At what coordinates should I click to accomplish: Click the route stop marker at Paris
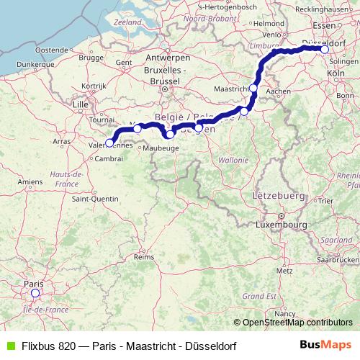(x=35, y=293)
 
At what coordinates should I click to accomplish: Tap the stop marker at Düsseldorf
(x=325, y=50)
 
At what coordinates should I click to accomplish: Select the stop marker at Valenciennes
(x=109, y=142)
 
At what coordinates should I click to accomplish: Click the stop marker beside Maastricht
(x=253, y=87)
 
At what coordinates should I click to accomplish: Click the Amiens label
(x=30, y=182)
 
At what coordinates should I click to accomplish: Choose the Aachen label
(x=278, y=91)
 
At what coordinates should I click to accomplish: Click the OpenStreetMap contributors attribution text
(x=297, y=323)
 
